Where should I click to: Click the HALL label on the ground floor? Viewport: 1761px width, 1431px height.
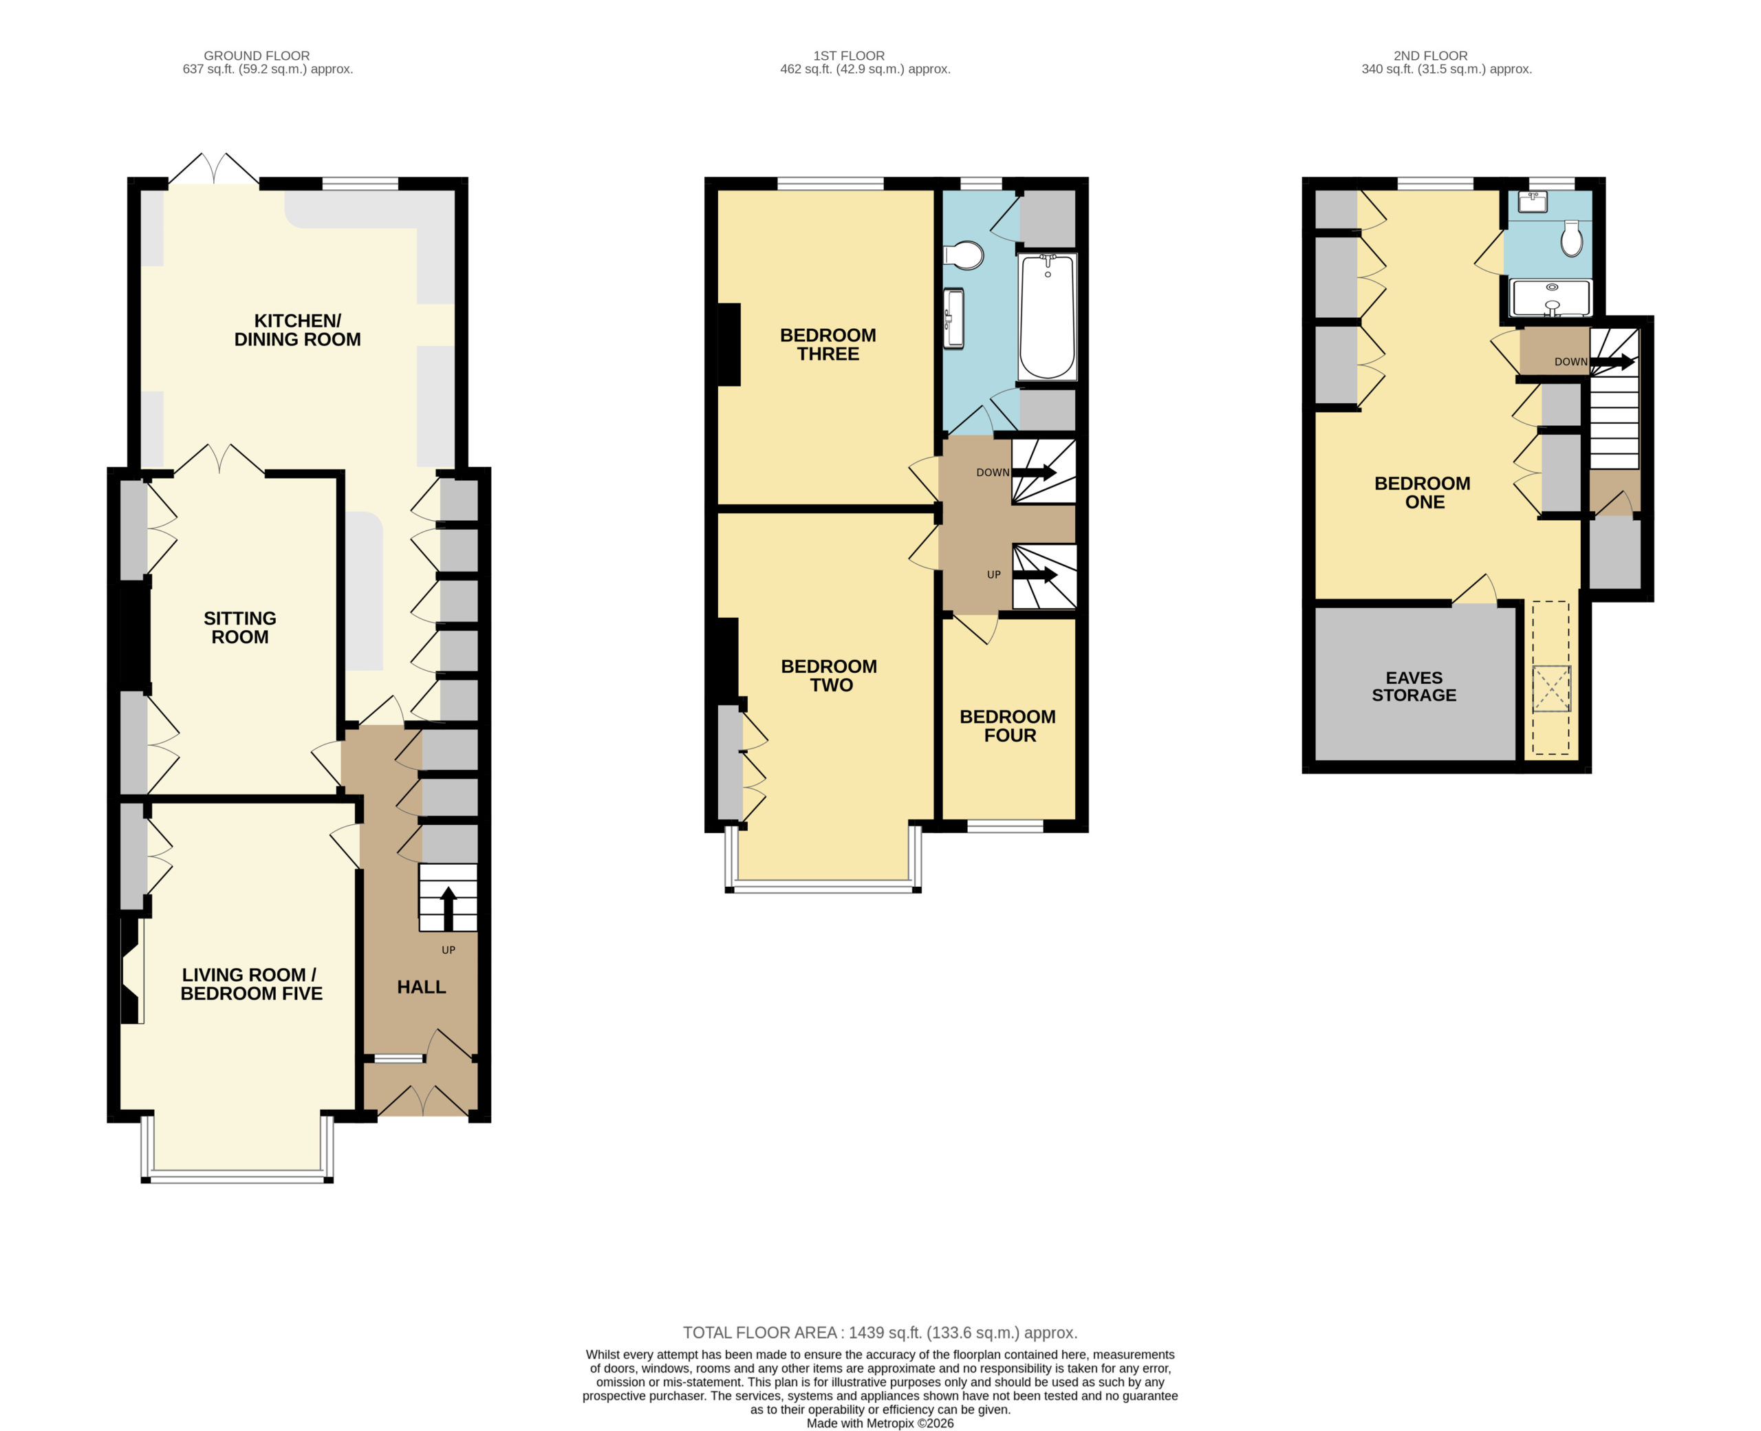point(421,987)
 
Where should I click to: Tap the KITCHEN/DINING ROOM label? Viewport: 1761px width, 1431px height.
point(297,330)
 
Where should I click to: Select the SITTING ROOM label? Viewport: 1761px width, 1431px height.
point(240,627)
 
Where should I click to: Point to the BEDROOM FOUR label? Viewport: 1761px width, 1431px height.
point(1008,725)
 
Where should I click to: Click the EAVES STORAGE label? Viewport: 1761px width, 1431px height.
point(1414,686)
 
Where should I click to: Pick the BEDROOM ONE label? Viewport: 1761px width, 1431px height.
point(1423,492)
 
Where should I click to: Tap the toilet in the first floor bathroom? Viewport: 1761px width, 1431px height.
point(964,255)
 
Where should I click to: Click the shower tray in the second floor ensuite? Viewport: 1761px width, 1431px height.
point(1550,299)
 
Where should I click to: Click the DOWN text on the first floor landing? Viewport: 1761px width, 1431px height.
point(992,473)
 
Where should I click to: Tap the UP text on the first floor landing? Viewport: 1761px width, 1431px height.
point(994,574)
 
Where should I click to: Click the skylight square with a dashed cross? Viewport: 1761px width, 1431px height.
point(1551,688)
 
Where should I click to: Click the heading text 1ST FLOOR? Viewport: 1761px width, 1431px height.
point(849,55)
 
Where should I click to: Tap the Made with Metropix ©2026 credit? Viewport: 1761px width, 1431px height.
point(880,1423)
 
